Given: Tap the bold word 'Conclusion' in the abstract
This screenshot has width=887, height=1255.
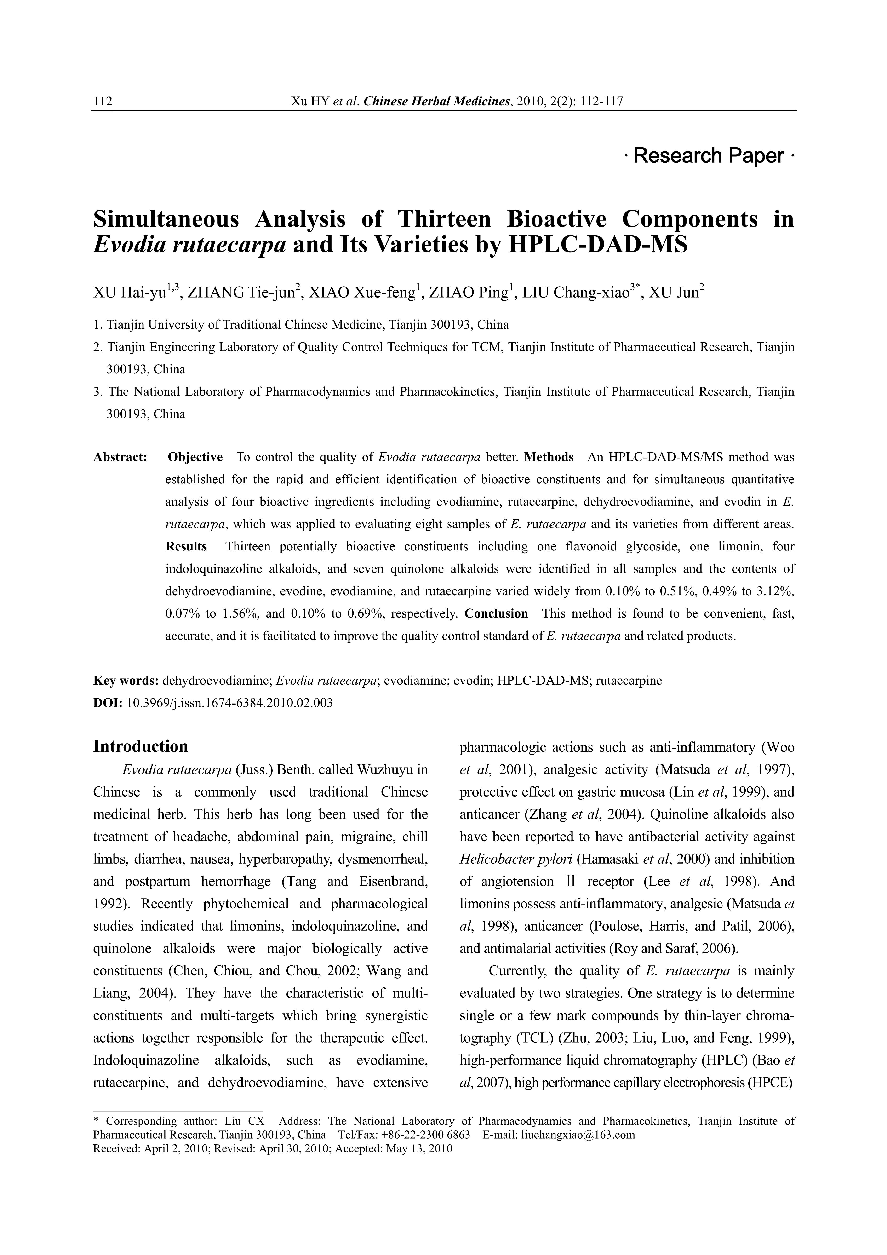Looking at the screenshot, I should pyautogui.click(x=496, y=613).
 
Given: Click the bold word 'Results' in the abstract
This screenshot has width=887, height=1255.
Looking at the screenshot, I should pyautogui.click(x=186, y=547).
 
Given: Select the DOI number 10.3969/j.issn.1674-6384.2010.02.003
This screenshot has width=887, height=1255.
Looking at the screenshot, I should pyautogui.click(x=229, y=703).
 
